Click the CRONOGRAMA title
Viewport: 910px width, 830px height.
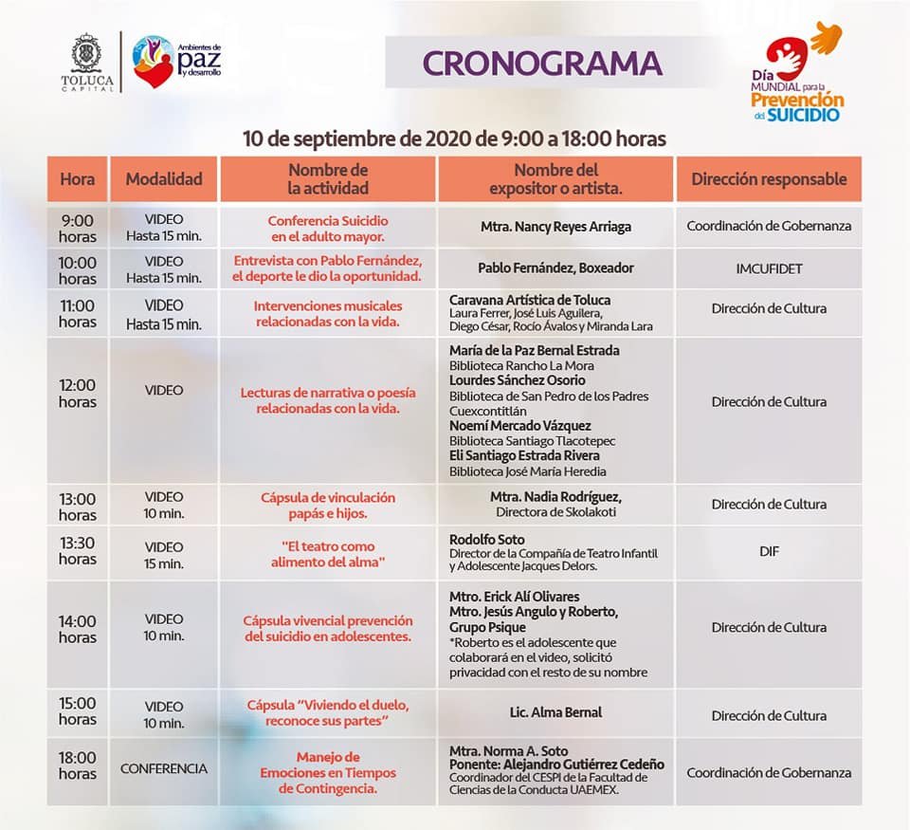tap(541, 63)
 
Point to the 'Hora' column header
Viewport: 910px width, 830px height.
tap(77, 179)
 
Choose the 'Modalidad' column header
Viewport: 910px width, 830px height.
tap(164, 179)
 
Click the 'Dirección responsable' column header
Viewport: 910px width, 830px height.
tap(769, 179)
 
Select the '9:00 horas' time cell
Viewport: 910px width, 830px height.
tap(77, 228)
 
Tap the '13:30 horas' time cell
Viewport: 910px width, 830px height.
tap(77, 551)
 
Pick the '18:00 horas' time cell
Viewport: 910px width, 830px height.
tap(77, 765)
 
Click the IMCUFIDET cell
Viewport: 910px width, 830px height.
tap(769, 268)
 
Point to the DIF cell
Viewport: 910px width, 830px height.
tap(769, 551)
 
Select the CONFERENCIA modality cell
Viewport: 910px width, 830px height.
tap(164, 768)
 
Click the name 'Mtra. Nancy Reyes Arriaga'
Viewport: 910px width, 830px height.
tap(555, 227)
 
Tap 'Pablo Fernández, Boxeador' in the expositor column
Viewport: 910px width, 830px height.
tap(555, 268)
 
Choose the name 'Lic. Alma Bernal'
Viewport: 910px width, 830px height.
tap(555, 712)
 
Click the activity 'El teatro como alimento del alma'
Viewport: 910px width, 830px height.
tap(328, 554)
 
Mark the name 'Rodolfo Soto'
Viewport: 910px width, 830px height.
tap(487, 540)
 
